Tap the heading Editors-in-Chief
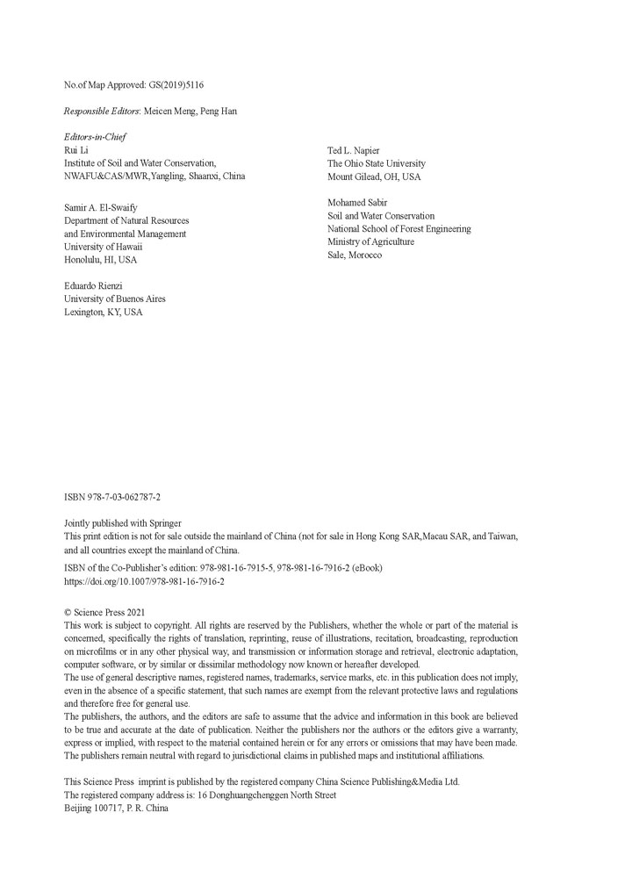[x=95, y=138]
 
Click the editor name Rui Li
[x=77, y=150]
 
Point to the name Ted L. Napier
[x=354, y=150]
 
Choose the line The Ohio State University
[x=377, y=163]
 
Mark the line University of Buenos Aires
[x=115, y=299]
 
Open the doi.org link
[x=144, y=581]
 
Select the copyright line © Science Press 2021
[x=105, y=612]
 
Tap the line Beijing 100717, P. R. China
[x=116, y=808]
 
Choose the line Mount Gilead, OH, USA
[x=374, y=176]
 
